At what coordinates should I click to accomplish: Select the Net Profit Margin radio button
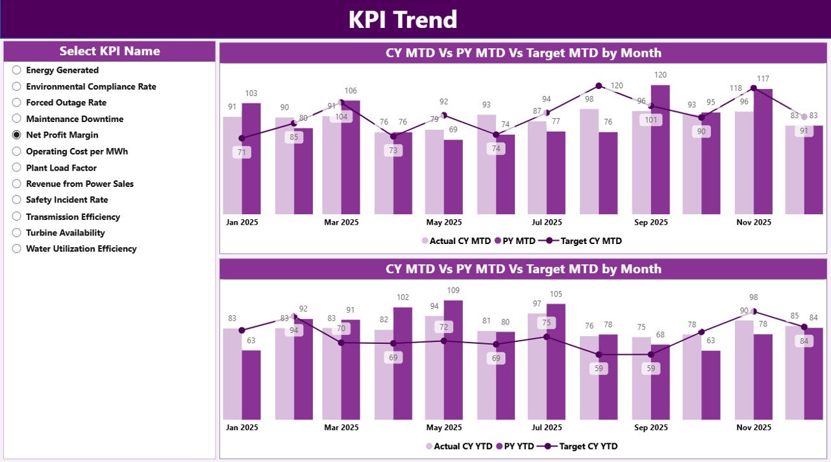click(x=17, y=135)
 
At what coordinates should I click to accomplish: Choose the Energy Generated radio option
click(x=17, y=70)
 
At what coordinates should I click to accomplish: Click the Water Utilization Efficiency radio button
click(x=17, y=249)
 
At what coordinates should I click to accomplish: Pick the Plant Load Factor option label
click(x=61, y=167)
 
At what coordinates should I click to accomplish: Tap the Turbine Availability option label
click(x=65, y=232)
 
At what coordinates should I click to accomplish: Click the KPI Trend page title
click(x=403, y=19)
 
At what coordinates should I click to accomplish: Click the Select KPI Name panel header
click(x=110, y=51)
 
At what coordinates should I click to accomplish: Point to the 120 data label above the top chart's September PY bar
click(x=660, y=75)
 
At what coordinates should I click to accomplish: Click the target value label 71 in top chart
click(x=242, y=152)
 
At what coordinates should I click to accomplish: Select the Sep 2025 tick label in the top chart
click(x=651, y=222)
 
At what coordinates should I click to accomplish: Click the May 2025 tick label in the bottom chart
click(x=444, y=428)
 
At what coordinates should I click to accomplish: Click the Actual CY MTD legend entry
click(x=456, y=241)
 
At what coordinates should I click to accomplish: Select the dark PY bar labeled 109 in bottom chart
click(x=453, y=359)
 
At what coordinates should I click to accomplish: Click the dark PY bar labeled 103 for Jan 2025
click(x=251, y=159)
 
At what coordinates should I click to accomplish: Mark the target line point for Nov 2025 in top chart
click(x=753, y=88)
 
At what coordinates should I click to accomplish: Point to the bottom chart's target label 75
click(x=547, y=322)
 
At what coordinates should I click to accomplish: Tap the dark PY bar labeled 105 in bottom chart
click(x=556, y=361)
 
